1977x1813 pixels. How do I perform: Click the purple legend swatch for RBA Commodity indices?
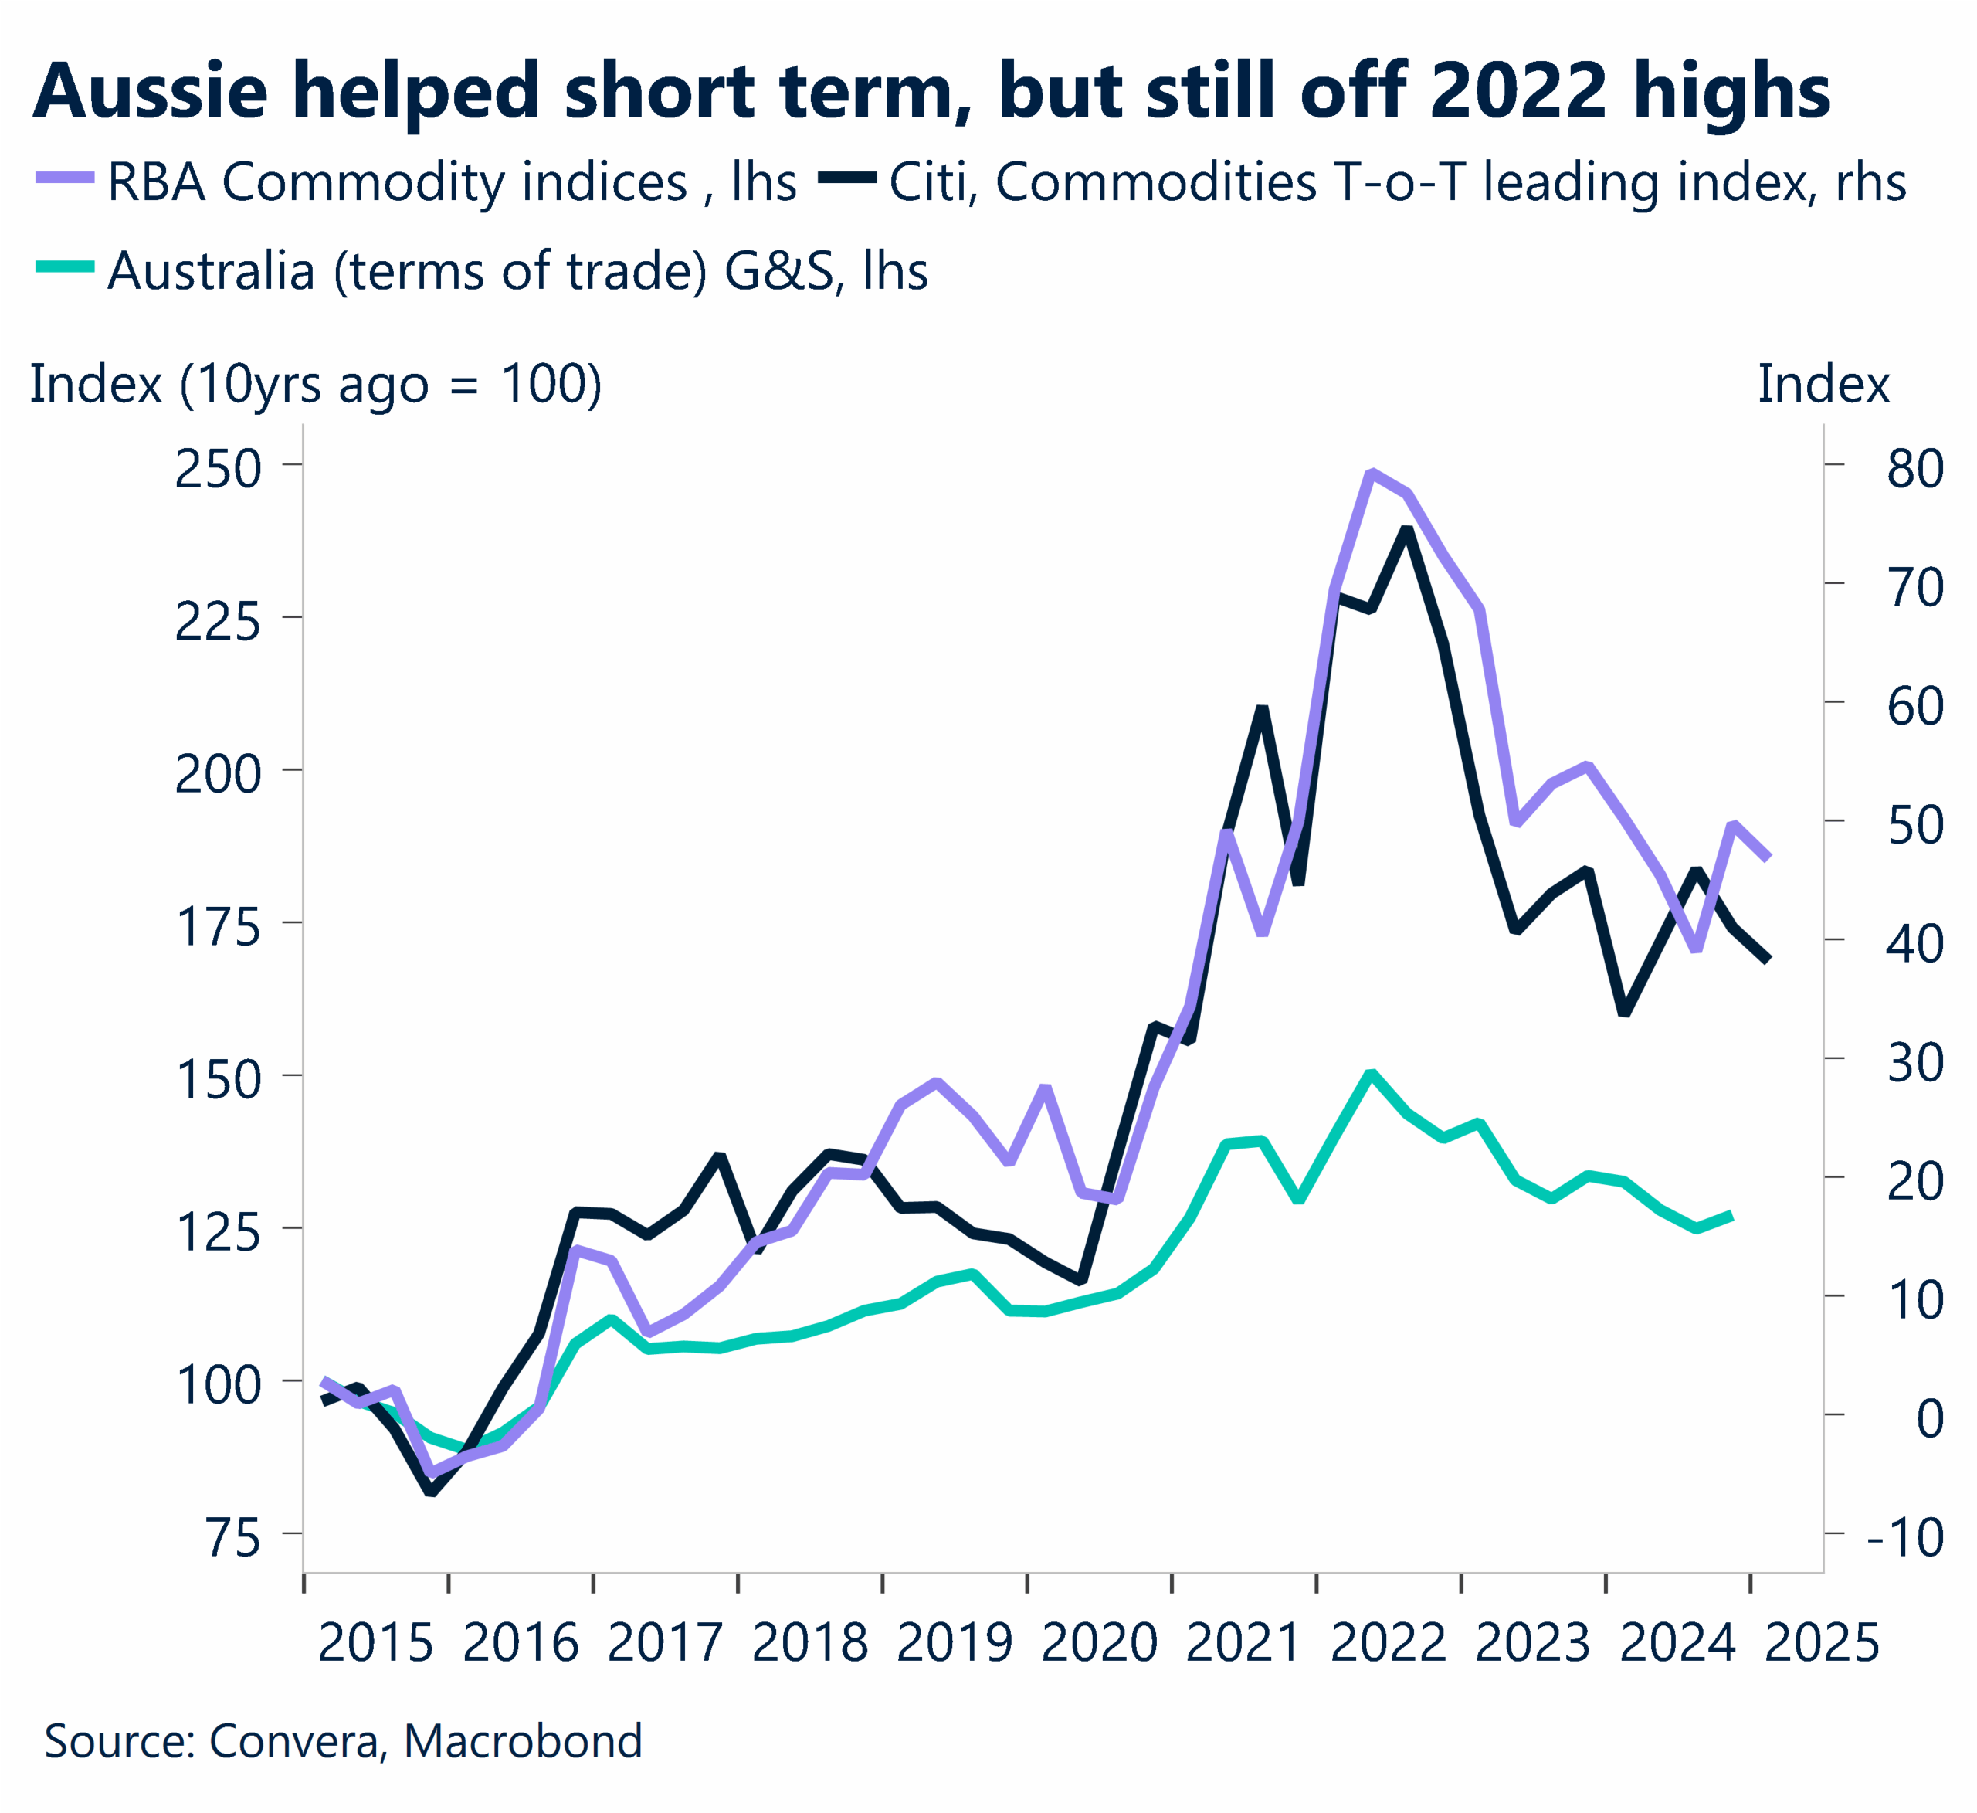tap(65, 178)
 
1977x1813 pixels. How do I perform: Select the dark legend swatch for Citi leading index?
tap(847, 178)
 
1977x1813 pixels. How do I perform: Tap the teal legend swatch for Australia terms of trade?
tap(65, 266)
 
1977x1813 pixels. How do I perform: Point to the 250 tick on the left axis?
tap(218, 469)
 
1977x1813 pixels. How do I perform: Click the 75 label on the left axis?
tap(233, 1537)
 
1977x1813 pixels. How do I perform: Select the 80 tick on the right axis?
tap(1914, 469)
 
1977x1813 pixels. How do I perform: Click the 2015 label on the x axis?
tap(375, 1642)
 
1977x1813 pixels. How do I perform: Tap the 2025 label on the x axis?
tap(1821, 1642)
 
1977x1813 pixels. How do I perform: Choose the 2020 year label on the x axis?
tap(1098, 1642)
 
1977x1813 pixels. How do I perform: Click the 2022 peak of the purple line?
tap(1371, 473)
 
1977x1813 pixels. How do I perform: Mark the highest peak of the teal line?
tap(1371, 1073)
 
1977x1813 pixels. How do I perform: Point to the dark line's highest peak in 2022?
tap(1406, 531)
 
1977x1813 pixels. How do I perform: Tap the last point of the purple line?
tap(1769, 858)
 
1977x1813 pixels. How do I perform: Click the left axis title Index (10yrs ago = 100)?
tap(316, 384)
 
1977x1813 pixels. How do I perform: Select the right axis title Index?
tap(1822, 384)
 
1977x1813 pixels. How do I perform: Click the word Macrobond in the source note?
tap(523, 1740)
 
